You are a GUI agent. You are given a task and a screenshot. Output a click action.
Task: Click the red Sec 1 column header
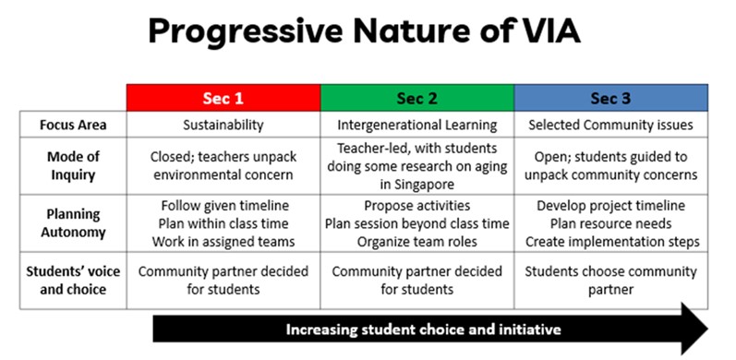pyautogui.click(x=223, y=97)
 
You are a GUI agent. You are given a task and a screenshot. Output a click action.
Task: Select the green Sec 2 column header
pyautogui.click(x=416, y=97)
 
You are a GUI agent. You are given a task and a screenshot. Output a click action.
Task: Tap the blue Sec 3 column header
pyautogui.click(x=610, y=97)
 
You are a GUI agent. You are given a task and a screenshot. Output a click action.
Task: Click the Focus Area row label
pyautogui.click(x=73, y=124)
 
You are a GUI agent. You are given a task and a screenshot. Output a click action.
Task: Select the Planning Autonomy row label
pyautogui.click(x=73, y=223)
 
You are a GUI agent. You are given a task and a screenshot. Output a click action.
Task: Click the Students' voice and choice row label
pyautogui.click(x=73, y=281)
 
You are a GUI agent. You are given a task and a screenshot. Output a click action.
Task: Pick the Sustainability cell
pyautogui.click(x=223, y=124)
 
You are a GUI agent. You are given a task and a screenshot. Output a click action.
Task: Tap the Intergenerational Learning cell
pyautogui.click(x=416, y=124)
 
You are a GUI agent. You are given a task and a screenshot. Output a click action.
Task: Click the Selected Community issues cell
pyautogui.click(x=610, y=124)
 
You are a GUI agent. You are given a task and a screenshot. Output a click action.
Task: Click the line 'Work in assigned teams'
pyautogui.click(x=223, y=241)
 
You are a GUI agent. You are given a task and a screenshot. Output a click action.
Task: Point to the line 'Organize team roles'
pyautogui.click(x=416, y=241)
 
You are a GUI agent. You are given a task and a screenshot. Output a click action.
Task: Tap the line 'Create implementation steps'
pyautogui.click(x=610, y=241)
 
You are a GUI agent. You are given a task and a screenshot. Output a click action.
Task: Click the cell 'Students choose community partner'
pyautogui.click(x=610, y=281)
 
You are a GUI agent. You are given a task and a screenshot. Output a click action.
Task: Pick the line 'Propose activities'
pyautogui.click(x=416, y=205)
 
